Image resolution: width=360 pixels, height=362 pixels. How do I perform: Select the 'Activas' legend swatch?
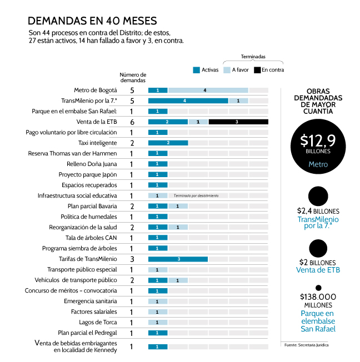pyautogui.click(x=196, y=70)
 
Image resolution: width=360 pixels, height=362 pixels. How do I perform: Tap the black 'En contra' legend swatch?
pyautogui.click(x=257, y=70)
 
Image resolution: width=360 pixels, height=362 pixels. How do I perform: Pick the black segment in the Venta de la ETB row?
pyautogui.click(x=238, y=122)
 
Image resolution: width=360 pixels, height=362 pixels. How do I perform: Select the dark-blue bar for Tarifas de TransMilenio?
pyautogui.click(x=178, y=259)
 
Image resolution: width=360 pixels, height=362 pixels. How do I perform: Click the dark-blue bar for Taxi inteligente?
pyautogui.click(x=168, y=143)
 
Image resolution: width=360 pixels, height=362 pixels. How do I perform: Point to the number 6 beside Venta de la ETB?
pyautogui.click(x=132, y=122)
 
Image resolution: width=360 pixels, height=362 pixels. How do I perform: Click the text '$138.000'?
pyautogui.click(x=318, y=297)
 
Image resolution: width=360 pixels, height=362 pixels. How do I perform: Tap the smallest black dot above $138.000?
pyautogui.click(x=318, y=288)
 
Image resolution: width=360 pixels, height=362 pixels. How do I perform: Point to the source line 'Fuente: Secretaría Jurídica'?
pyautogui.click(x=306, y=345)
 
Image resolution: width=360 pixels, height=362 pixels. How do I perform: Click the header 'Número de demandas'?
pyautogui.click(x=133, y=77)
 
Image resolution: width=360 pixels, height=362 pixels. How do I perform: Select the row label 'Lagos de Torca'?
pyautogui.click(x=98, y=322)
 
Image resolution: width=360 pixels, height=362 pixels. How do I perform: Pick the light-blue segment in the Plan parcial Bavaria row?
pyautogui.click(x=178, y=206)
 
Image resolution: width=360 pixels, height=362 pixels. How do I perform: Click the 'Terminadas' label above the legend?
pyautogui.click(x=253, y=57)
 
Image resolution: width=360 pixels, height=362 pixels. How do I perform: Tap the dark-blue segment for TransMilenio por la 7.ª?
pyautogui.click(x=188, y=100)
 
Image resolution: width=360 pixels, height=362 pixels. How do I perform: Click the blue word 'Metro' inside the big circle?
pyautogui.click(x=318, y=164)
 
